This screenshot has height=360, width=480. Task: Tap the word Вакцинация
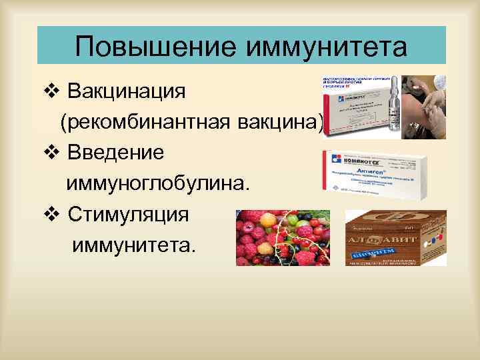[127, 89]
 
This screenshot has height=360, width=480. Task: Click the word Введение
[115, 152]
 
